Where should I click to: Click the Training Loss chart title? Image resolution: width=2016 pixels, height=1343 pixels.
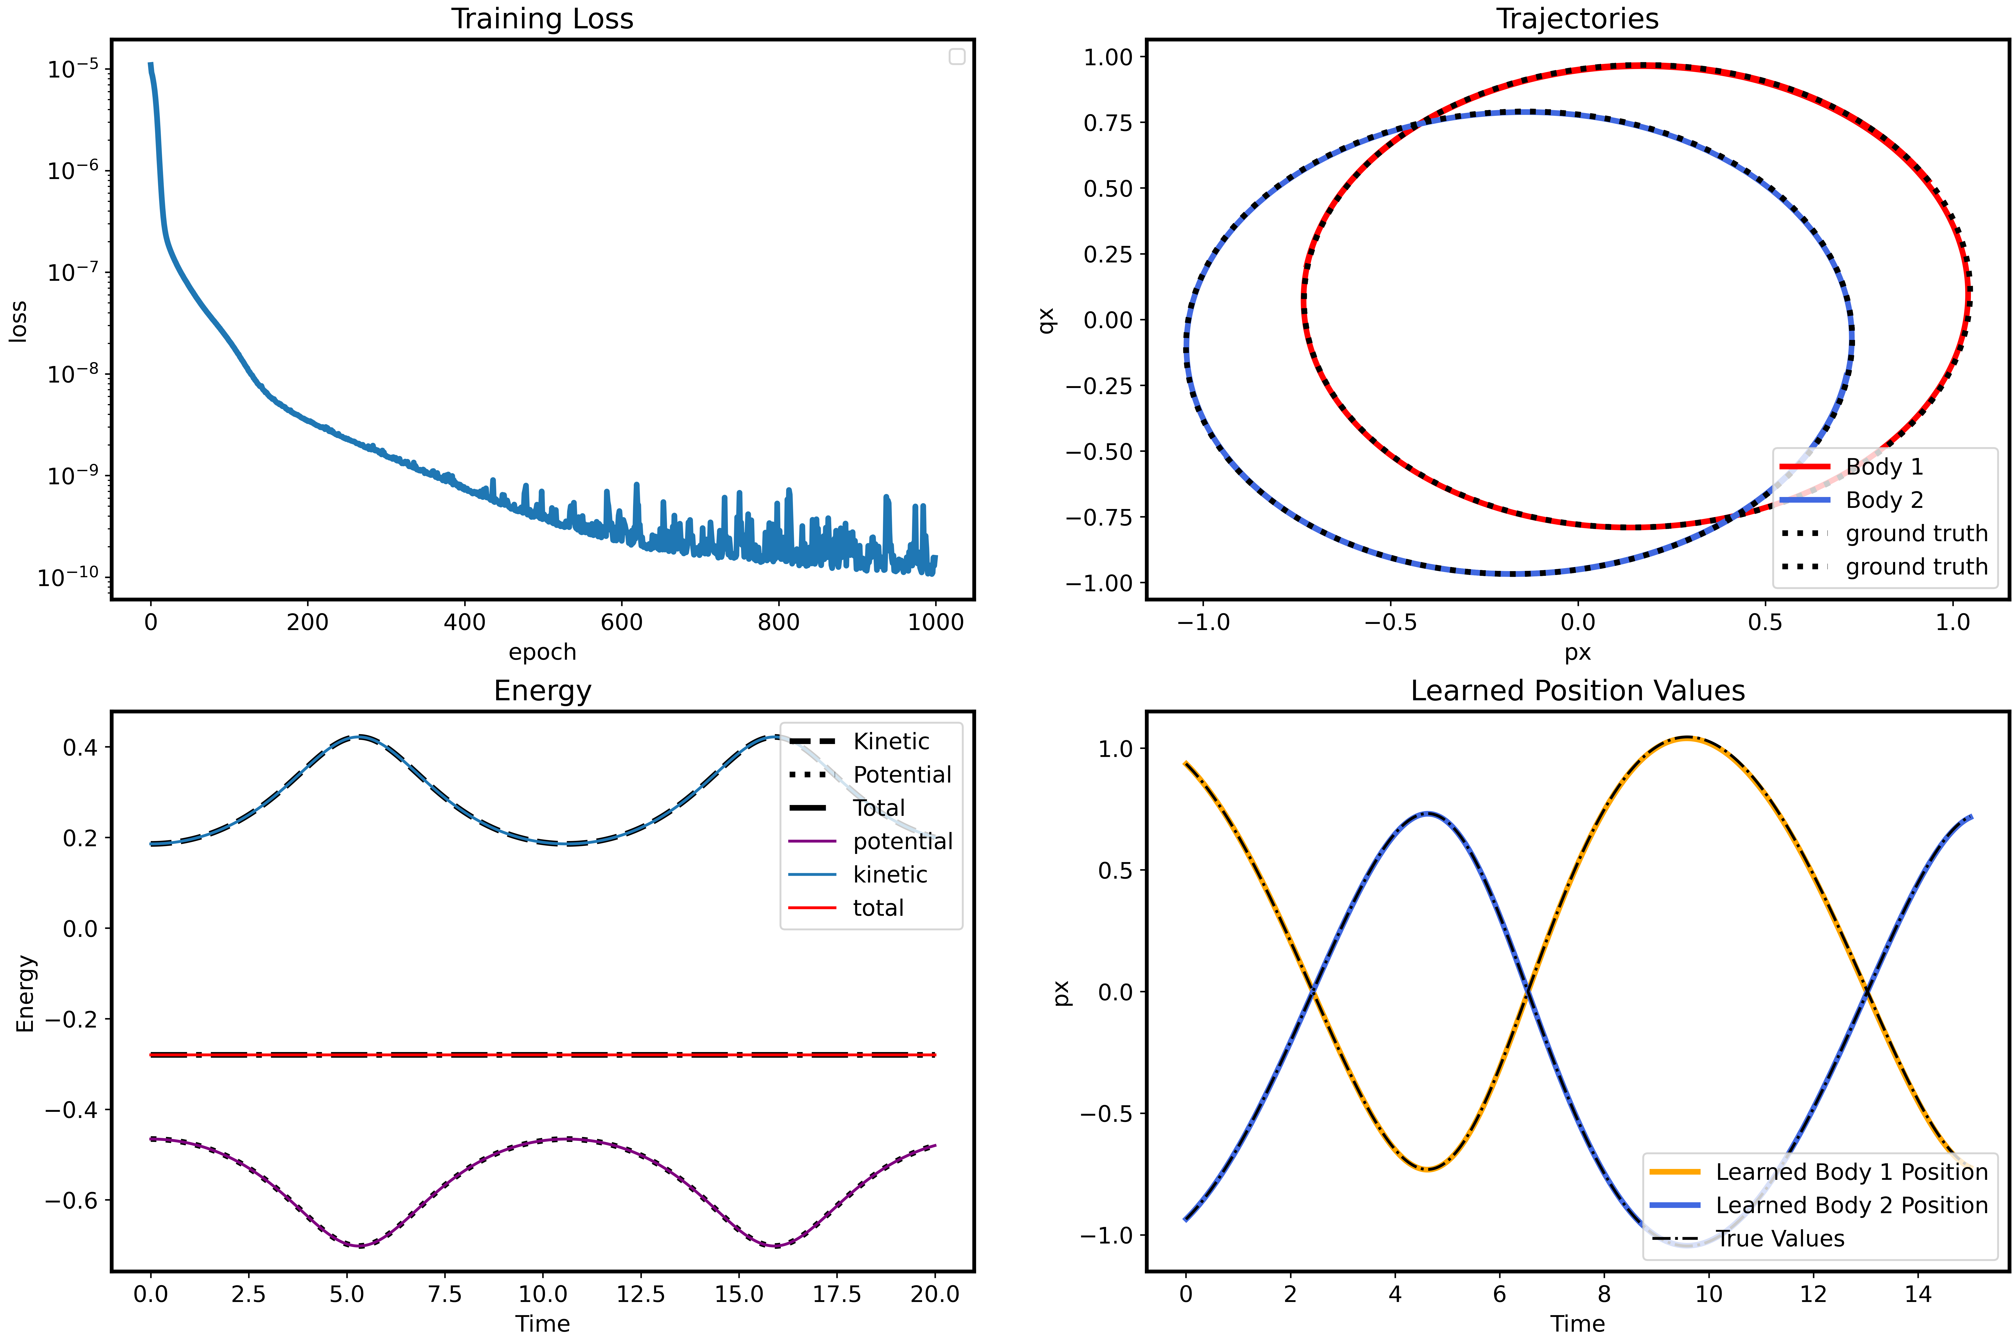tap(542, 19)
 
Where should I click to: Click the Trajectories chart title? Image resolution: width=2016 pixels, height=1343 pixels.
tap(1577, 19)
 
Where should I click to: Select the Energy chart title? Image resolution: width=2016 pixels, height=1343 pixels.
tap(542, 690)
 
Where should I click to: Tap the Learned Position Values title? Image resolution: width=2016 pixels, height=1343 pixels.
tap(1577, 690)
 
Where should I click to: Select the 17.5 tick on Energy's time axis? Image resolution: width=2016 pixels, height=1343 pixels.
tap(837, 1294)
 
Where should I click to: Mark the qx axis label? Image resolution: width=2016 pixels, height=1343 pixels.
tap(1046, 320)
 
